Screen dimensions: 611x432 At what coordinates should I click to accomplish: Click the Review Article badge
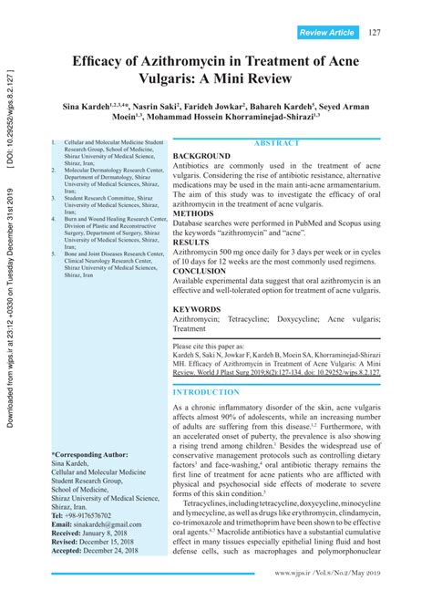(326, 34)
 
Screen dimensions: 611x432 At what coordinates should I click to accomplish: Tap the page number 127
(375, 34)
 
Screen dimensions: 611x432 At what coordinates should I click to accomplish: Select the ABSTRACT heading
(277, 144)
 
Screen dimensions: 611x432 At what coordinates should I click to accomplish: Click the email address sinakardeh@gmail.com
(99, 524)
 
